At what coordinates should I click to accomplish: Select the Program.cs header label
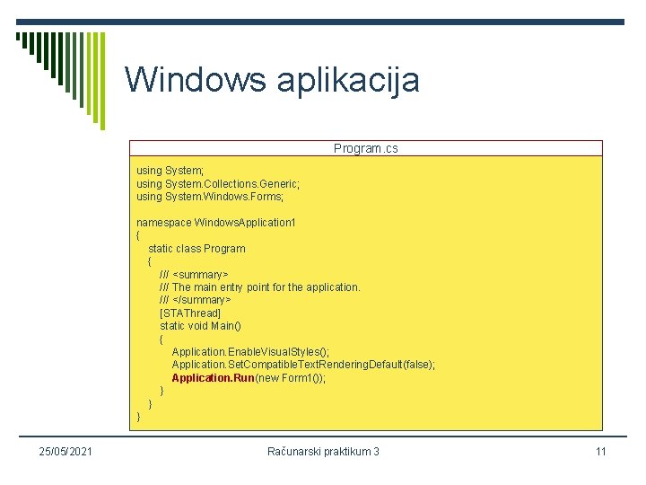(365, 148)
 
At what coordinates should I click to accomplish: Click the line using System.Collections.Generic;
(218, 183)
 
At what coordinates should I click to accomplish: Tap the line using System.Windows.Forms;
(209, 196)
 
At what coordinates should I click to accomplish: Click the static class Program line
(196, 248)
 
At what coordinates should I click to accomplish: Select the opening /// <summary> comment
(194, 274)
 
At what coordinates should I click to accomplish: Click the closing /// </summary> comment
(195, 300)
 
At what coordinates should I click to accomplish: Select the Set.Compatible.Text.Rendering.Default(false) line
(303, 365)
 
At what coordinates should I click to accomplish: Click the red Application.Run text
(214, 378)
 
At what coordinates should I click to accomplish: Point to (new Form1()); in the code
(291, 378)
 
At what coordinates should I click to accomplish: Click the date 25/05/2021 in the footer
(63, 451)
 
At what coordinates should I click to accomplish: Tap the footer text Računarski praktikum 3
(323, 451)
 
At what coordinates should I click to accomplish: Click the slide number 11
(600, 451)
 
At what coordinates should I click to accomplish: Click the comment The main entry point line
(260, 287)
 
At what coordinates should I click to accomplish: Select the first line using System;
(170, 170)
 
